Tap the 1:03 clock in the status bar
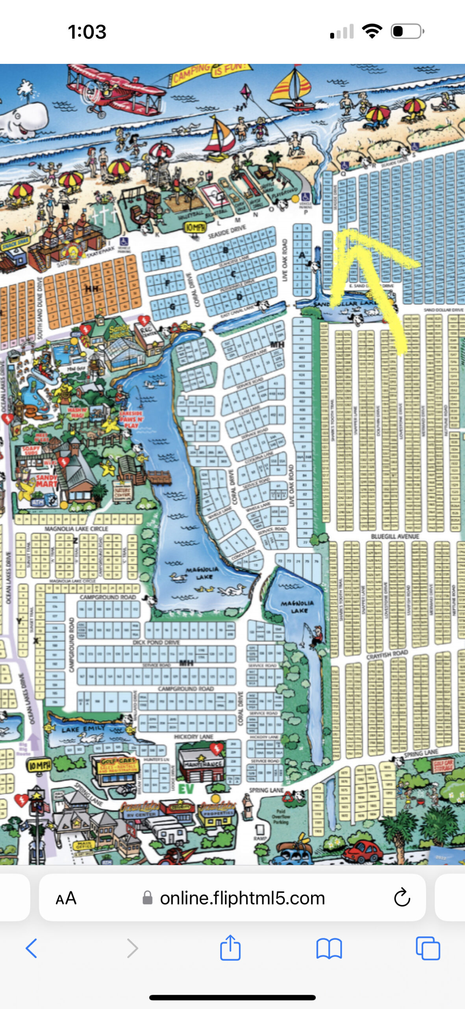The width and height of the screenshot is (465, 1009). (x=87, y=32)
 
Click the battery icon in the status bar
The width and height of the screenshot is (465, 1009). (x=407, y=32)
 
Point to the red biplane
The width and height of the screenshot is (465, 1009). (x=114, y=93)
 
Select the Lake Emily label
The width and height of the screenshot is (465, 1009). (x=83, y=729)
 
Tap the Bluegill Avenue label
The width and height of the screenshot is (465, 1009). (x=395, y=536)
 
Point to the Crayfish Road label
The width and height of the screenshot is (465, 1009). (x=387, y=655)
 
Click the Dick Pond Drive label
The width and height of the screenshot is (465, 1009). (x=156, y=642)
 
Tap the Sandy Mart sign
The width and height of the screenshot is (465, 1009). (x=46, y=480)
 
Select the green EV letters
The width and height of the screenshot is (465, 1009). (x=186, y=789)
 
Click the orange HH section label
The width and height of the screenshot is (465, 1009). (x=91, y=289)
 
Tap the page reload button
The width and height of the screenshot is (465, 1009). (x=402, y=897)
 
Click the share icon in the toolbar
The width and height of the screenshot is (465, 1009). (x=230, y=948)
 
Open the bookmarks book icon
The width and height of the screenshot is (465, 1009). (x=329, y=948)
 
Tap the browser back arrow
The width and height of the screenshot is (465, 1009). (x=31, y=948)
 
